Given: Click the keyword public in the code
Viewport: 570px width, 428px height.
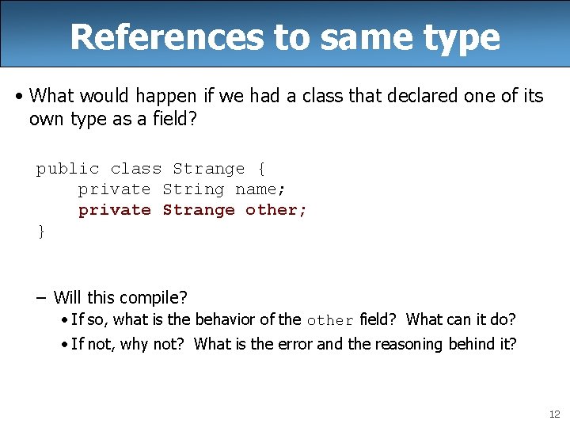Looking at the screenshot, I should pyautogui.click(x=67, y=169).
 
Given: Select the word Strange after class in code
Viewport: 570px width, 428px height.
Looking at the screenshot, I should pyautogui.click(x=209, y=169).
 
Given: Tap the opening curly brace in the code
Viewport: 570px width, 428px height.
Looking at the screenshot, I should pyautogui.click(x=261, y=169).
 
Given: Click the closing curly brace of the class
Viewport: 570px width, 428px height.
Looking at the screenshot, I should pyautogui.click(x=41, y=231).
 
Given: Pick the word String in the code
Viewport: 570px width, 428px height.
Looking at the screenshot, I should pyautogui.click(x=193, y=189).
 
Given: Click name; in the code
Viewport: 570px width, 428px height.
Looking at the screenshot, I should pyautogui.click(x=260, y=189).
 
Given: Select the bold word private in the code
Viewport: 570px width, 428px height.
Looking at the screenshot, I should pyautogui.click(x=114, y=210).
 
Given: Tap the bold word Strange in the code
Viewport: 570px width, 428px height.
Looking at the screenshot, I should pyautogui.click(x=199, y=210).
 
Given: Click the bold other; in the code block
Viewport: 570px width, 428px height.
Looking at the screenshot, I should pyautogui.click(x=276, y=210).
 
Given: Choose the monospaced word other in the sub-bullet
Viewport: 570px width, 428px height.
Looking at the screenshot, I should pyautogui.click(x=330, y=321).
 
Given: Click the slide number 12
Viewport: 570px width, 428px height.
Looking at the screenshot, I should pyautogui.click(x=553, y=415).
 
